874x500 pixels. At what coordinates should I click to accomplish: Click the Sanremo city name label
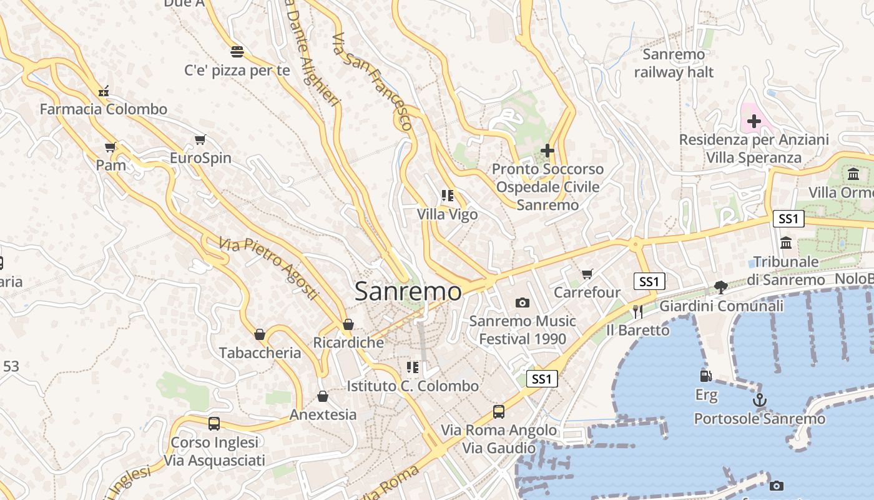coord(408,291)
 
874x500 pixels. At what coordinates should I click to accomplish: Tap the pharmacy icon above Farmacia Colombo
coord(104,91)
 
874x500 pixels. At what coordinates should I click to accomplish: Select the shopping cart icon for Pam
coord(110,147)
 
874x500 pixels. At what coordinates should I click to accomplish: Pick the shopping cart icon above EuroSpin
coord(200,139)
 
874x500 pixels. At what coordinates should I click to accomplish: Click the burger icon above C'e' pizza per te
coord(237,51)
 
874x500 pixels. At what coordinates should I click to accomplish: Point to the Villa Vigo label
coord(447,214)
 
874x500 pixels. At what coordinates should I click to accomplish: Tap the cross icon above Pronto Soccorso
coord(547,151)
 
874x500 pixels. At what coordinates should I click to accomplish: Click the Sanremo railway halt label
coord(674,63)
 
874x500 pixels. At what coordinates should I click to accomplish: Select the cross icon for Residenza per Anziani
coord(754,121)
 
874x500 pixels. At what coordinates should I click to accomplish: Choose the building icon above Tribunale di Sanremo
coord(786,242)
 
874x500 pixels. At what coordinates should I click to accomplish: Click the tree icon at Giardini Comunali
coord(720,287)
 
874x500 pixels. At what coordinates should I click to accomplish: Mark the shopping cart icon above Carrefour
coord(587,274)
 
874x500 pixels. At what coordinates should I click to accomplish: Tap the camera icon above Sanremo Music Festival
coord(523,302)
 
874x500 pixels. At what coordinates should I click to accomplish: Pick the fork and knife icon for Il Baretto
coord(637,311)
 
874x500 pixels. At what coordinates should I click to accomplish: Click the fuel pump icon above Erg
coord(705,376)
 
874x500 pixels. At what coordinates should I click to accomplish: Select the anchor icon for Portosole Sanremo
coord(759,400)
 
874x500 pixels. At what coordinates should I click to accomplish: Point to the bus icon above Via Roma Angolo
coord(498,411)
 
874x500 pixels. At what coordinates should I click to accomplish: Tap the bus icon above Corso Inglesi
coord(214,423)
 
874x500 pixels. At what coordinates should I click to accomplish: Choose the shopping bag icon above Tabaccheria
coord(260,334)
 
